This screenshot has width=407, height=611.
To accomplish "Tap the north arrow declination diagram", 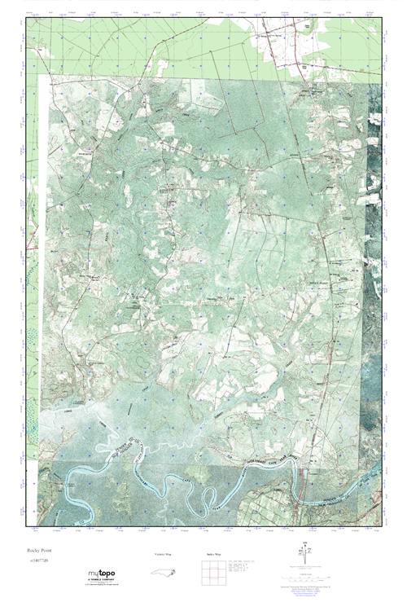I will click(x=305, y=553).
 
